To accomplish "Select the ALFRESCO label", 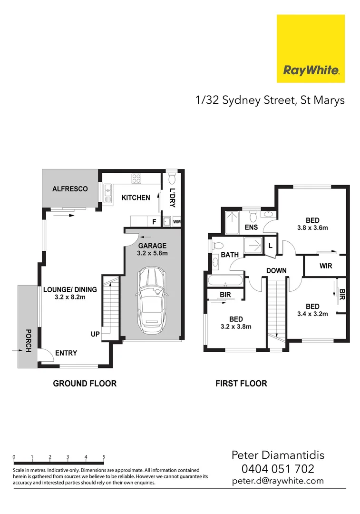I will coord(70,189).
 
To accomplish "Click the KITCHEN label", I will coord(136,198).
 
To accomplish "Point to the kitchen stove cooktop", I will coord(136,179).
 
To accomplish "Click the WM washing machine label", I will coord(176,222).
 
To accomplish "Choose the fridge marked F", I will coord(154,222).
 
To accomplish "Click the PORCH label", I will coord(28,340).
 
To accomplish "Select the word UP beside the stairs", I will coord(95,335).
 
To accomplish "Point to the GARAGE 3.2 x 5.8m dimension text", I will coord(152,253).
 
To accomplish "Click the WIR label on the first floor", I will coord(326,266).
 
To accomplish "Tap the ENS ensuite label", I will coord(251,227).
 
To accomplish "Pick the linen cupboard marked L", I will coord(270,245).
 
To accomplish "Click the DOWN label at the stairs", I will coord(276,270).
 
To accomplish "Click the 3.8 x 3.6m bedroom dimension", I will coord(312,227).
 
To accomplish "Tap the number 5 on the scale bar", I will coord(104,457).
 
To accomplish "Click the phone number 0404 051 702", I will coord(278,469).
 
